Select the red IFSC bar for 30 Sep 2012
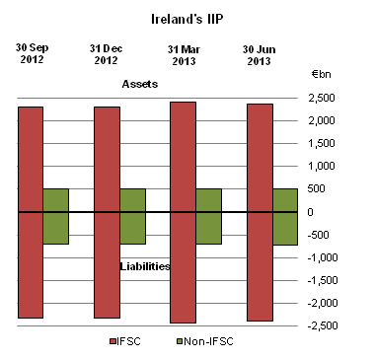point(31,212)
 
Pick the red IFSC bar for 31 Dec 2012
point(107,212)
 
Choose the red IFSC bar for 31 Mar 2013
point(184,212)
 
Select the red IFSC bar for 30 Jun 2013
point(260,212)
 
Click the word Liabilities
point(145,266)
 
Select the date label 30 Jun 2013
point(260,54)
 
